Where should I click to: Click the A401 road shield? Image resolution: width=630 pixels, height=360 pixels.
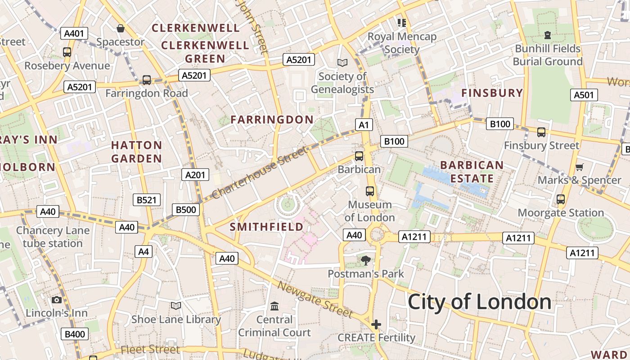74,33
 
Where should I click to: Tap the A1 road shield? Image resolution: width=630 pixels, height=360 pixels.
364,125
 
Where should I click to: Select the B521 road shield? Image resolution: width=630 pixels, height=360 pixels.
147,200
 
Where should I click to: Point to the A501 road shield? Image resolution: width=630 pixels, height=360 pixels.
584,95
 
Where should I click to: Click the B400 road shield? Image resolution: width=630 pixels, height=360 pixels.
75,334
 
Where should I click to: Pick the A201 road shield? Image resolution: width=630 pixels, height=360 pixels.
195,175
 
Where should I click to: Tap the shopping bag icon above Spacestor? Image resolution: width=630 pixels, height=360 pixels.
121,28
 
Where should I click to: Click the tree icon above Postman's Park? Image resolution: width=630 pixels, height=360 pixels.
366,260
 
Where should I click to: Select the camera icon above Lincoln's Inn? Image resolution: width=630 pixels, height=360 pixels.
57,300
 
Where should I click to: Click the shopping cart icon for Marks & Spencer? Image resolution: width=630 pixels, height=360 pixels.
580,167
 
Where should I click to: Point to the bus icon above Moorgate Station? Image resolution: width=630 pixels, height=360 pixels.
561,199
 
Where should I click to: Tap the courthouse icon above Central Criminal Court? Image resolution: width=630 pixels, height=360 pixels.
274,306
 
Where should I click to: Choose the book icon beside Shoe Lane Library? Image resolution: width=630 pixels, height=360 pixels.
176,306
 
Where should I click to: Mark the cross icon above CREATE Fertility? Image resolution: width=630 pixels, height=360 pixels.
376,324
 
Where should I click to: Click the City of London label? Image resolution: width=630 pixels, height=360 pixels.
479,302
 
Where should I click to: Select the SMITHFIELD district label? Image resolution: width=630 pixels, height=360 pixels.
267,226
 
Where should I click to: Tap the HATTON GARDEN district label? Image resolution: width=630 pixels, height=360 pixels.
136,152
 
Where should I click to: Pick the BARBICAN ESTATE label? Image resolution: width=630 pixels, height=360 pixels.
472,171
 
